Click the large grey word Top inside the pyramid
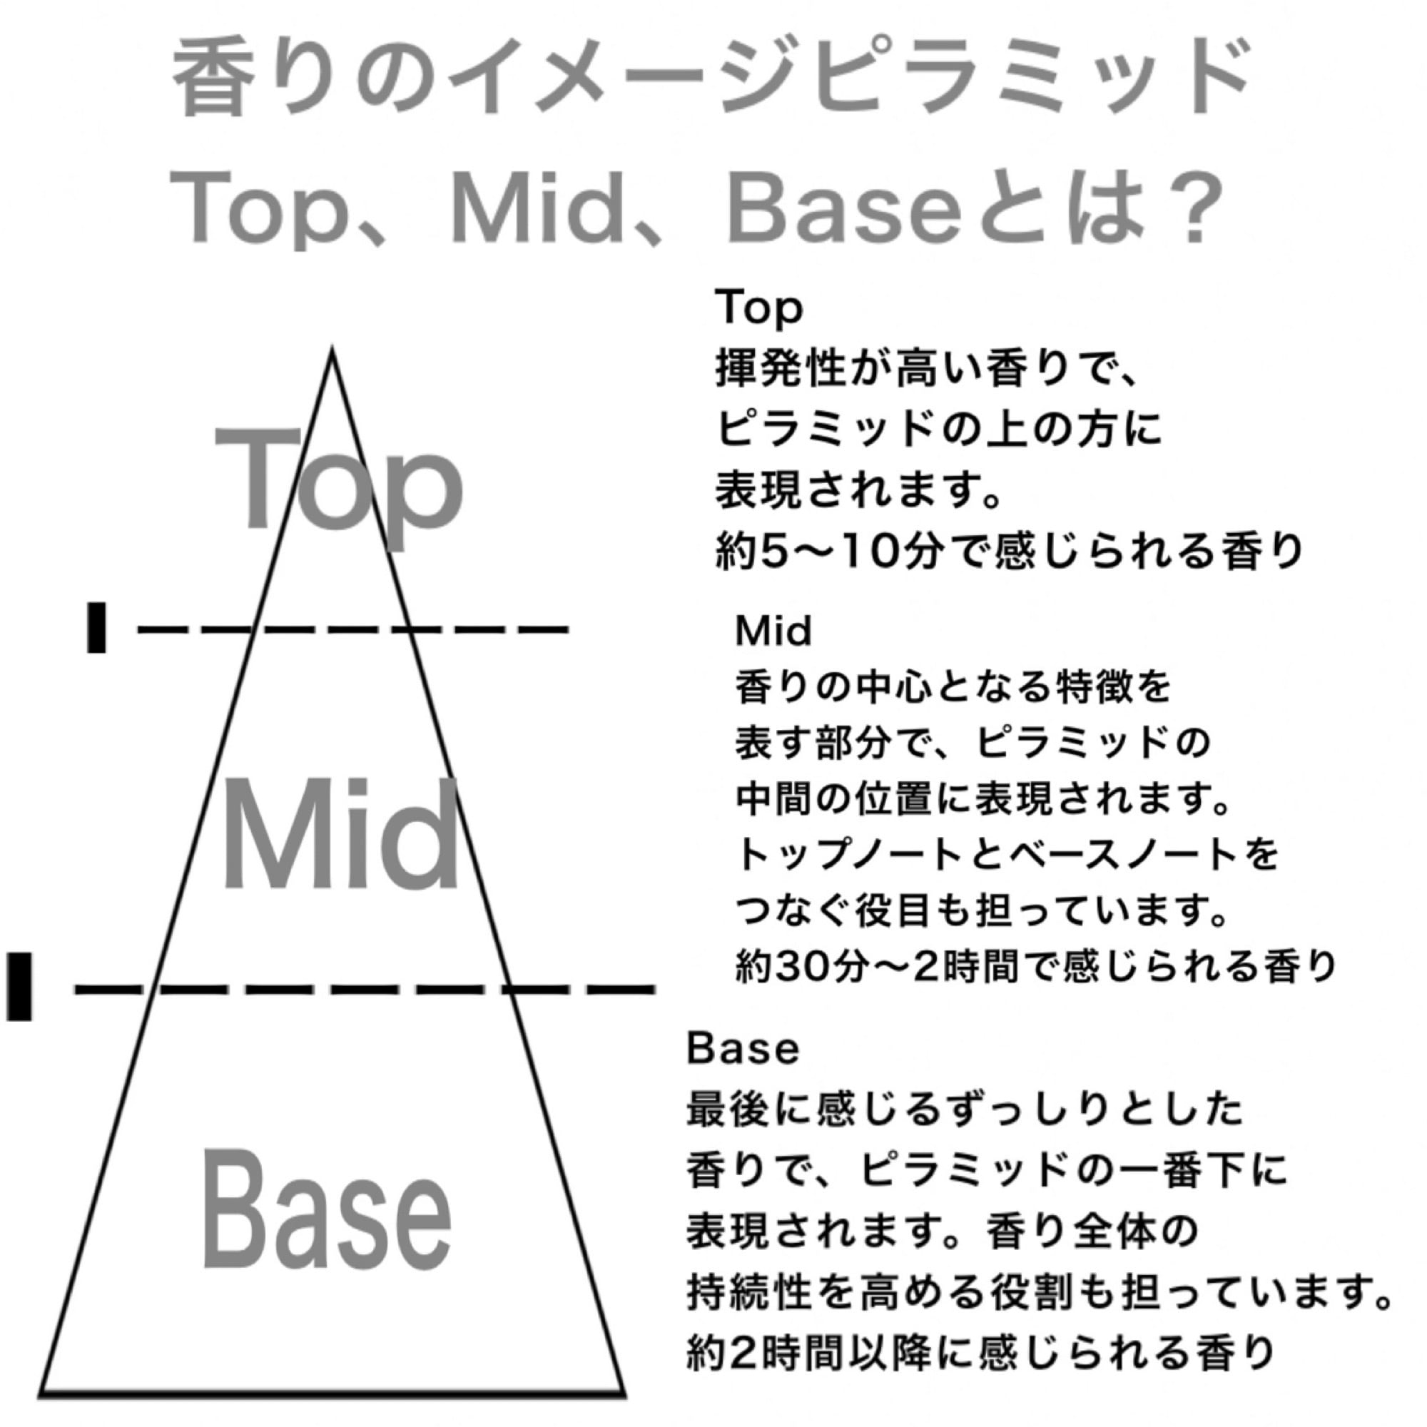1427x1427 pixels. click(338, 484)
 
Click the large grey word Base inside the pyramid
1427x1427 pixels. click(327, 1212)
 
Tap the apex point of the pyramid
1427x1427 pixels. click(332, 350)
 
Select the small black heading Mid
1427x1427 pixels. click(773, 631)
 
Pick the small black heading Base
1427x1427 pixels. click(742, 1048)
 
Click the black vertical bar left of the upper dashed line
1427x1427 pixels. click(96, 628)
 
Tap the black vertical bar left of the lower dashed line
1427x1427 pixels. click(19, 986)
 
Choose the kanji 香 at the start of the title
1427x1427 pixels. click(209, 81)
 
